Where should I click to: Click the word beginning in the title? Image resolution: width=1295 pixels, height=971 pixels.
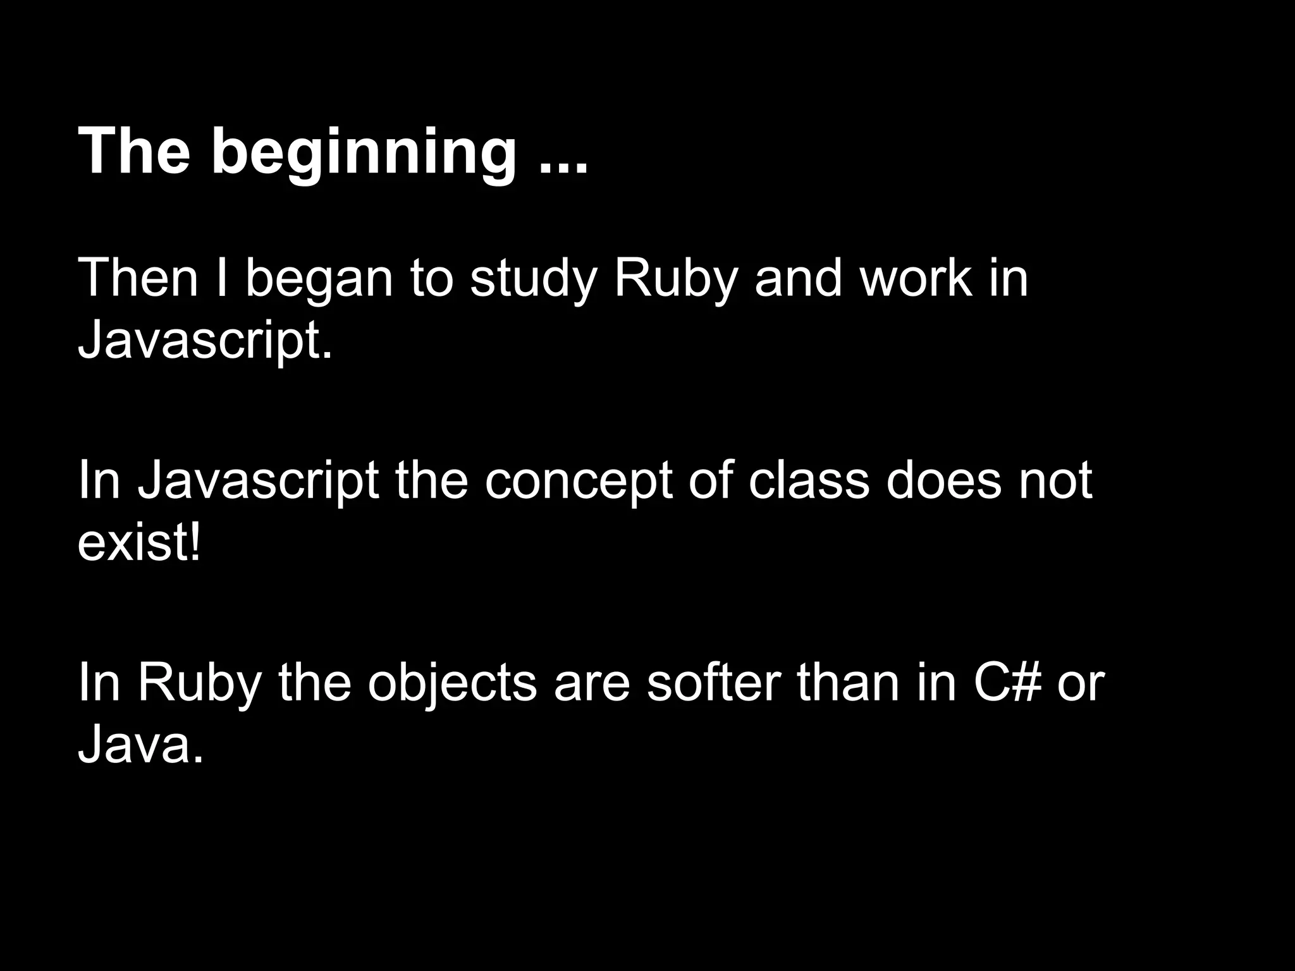(x=364, y=154)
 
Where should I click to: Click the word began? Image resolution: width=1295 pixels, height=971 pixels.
(x=319, y=279)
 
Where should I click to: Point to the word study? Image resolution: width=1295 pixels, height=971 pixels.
(x=533, y=279)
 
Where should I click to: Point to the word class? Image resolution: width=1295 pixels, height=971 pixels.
(x=809, y=480)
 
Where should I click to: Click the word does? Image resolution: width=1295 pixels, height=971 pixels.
(x=943, y=480)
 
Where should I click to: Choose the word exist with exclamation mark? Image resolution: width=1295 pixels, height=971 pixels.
(x=139, y=544)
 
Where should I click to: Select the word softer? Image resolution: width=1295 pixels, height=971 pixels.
(x=713, y=683)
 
